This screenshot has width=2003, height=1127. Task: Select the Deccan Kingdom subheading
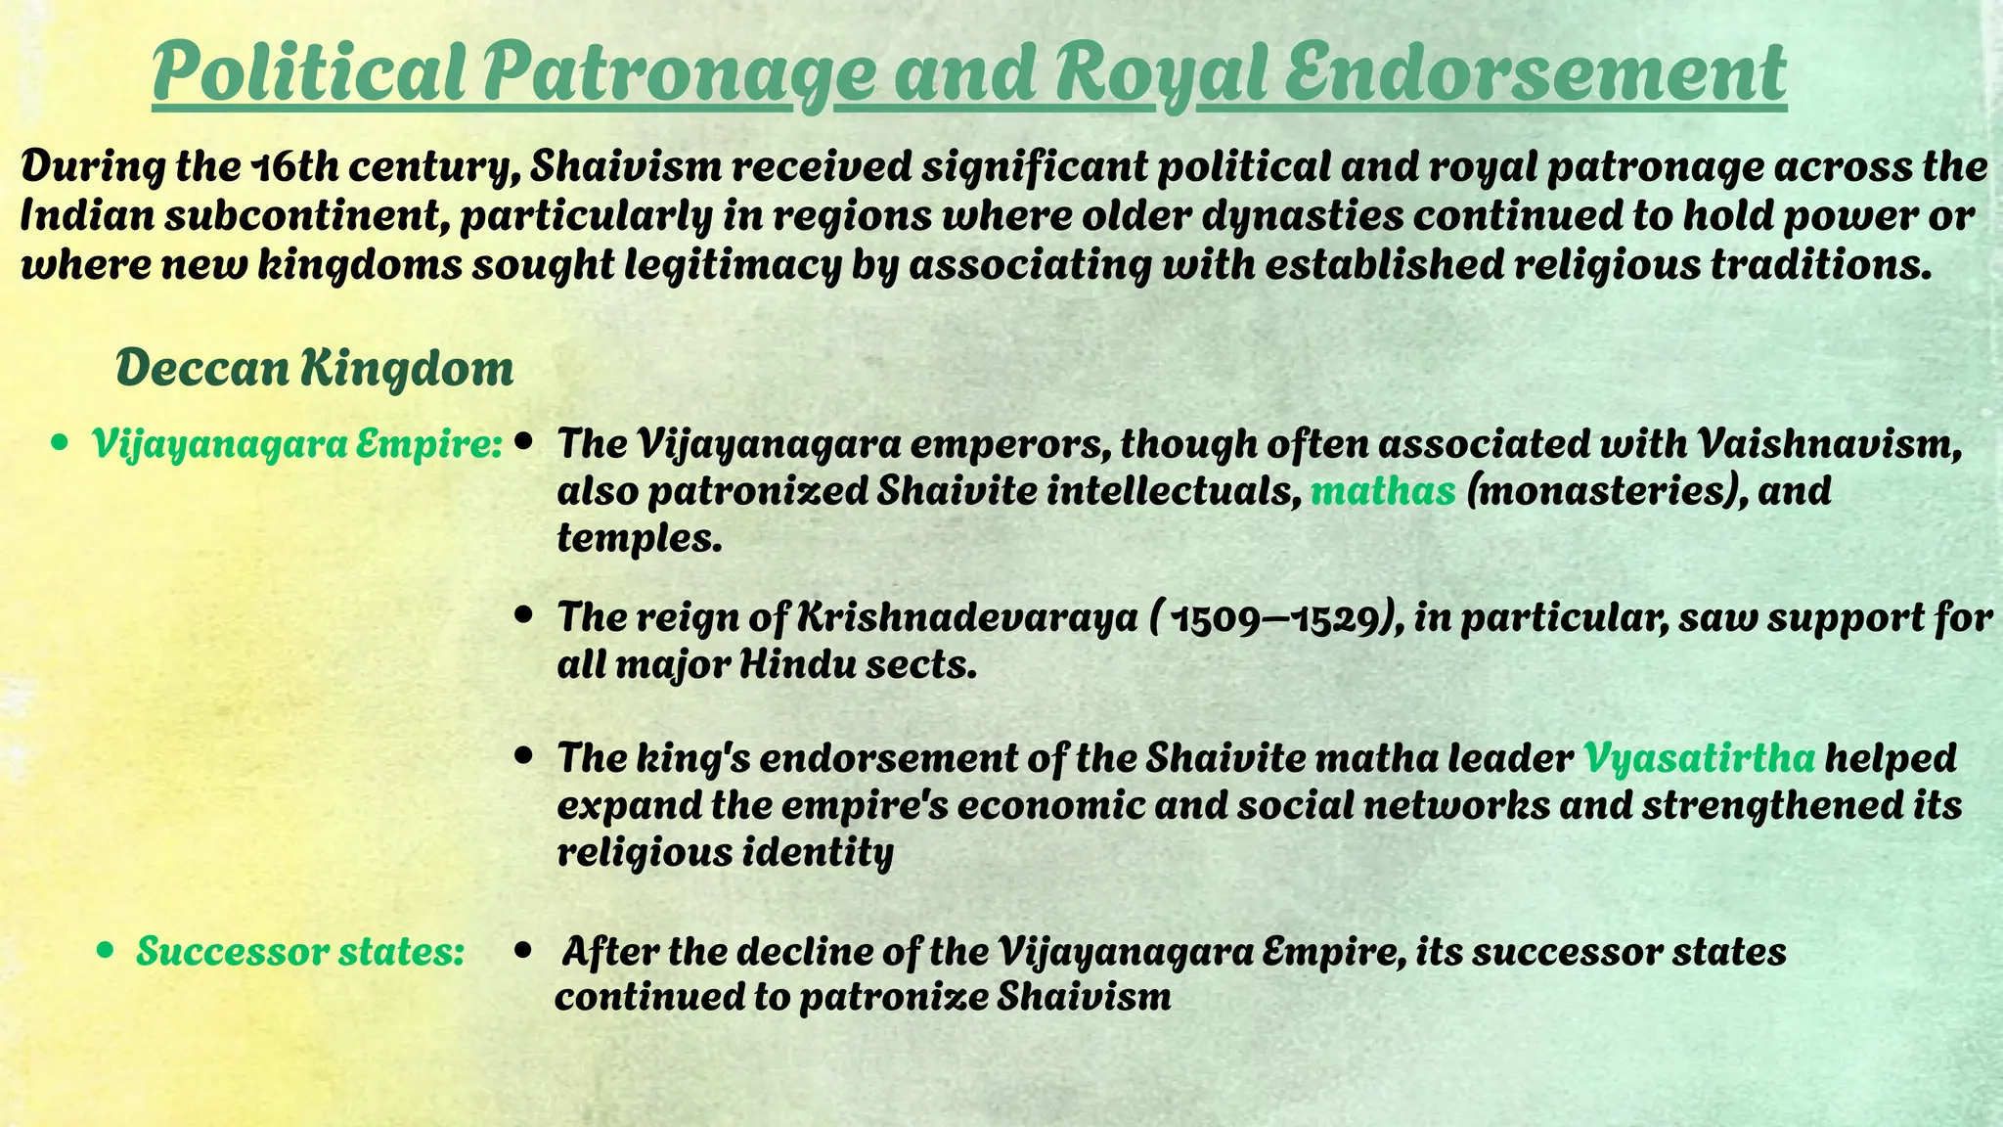coord(314,368)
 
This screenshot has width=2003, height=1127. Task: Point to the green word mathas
coord(1383,490)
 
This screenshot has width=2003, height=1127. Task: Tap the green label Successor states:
coord(300,951)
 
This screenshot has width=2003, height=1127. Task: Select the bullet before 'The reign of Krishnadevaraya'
coord(525,617)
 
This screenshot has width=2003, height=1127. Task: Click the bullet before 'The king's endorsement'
coord(525,757)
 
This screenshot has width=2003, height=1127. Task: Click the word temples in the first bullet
coord(638,537)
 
